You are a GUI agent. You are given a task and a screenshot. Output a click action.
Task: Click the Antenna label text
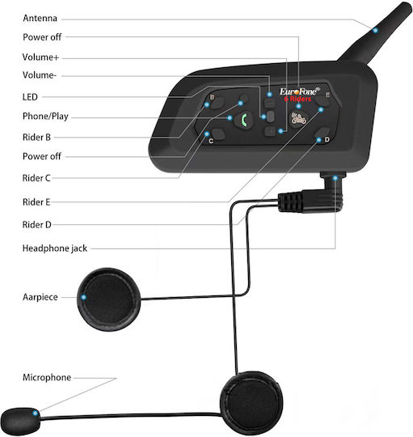point(40,18)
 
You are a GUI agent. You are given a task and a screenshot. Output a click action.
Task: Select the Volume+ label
point(40,57)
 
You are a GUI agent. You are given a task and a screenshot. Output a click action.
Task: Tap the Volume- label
point(40,75)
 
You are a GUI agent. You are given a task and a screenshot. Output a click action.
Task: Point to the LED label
point(30,97)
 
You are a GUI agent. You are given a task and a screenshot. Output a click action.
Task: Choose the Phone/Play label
point(45,117)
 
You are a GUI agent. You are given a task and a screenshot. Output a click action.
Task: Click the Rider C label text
point(36,178)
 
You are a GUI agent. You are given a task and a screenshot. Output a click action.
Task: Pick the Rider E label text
point(36,202)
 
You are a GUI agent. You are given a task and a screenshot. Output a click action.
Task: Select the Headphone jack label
point(54,248)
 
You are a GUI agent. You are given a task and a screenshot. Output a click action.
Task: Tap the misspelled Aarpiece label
point(40,297)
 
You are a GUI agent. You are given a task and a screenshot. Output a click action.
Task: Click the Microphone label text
point(47,377)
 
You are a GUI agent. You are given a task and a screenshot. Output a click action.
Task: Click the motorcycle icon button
point(298,119)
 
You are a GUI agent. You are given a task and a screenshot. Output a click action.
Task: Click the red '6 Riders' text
point(297,99)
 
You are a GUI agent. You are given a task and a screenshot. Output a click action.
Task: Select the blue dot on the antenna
point(375,30)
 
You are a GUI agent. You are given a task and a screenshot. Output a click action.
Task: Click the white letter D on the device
point(327,139)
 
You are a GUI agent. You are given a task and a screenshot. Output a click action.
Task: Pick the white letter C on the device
point(211,141)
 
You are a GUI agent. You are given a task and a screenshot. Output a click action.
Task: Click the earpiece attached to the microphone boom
point(251,403)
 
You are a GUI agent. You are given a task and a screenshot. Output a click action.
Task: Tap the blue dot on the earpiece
point(83,297)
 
